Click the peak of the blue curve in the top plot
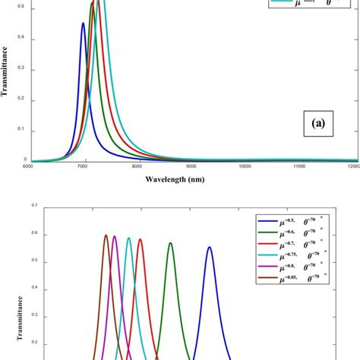(x=83, y=24)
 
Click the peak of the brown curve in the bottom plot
(x=106, y=235)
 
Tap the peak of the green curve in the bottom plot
(x=171, y=243)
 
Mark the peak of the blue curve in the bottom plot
(x=210, y=247)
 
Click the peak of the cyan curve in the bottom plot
(x=128, y=238)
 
